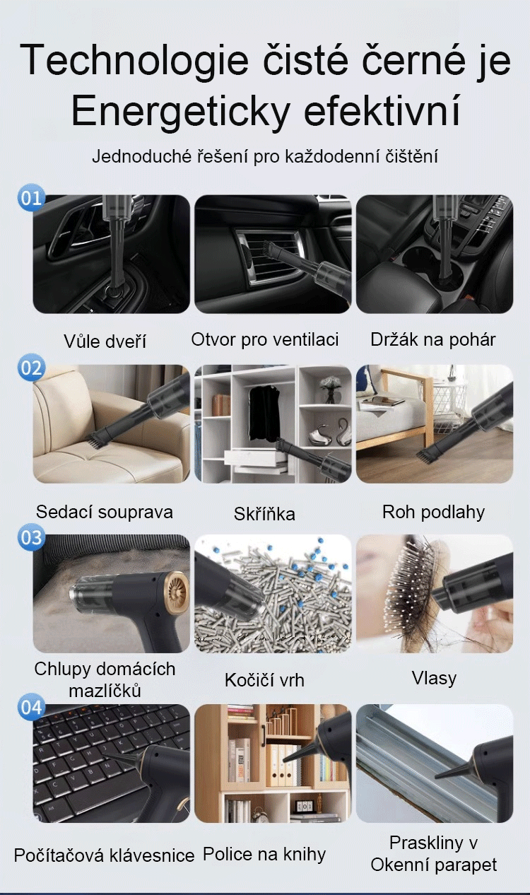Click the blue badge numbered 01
coord(31,197)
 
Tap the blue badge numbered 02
coord(31,367)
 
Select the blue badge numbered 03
coord(31,537)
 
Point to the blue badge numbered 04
coord(31,707)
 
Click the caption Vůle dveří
coord(105,341)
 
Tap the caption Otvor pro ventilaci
coord(265,339)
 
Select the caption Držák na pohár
coord(433,339)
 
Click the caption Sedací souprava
coord(105,513)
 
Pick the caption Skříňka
coord(264,514)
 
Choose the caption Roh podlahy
coord(433,513)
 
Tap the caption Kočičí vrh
coord(264,680)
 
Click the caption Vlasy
coord(434,679)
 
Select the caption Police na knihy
coord(264,854)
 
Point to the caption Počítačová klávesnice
coord(104,855)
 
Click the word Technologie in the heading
coord(134,61)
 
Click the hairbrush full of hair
coord(407,592)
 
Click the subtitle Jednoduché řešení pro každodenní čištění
coord(265,156)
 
